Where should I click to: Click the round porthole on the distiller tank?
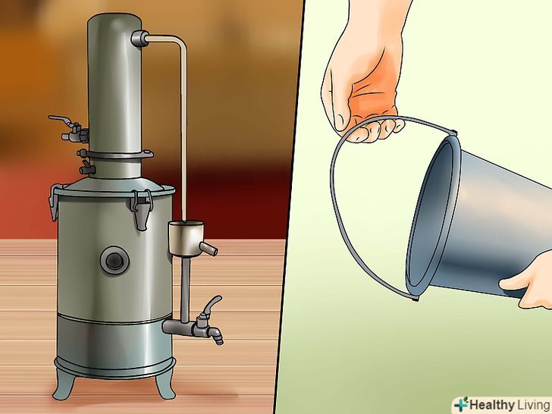[x=114, y=261]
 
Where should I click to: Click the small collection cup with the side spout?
[x=188, y=239]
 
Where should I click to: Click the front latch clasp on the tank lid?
[x=142, y=209]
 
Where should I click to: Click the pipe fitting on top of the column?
[x=140, y=39]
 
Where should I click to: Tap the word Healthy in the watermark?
[x=491, y=405]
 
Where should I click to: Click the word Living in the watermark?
[x=533, y=405]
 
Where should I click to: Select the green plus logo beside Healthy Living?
[x=460, y=404]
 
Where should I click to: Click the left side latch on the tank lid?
[x=55, y=202]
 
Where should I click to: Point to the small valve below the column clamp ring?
[x=86, y=168]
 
